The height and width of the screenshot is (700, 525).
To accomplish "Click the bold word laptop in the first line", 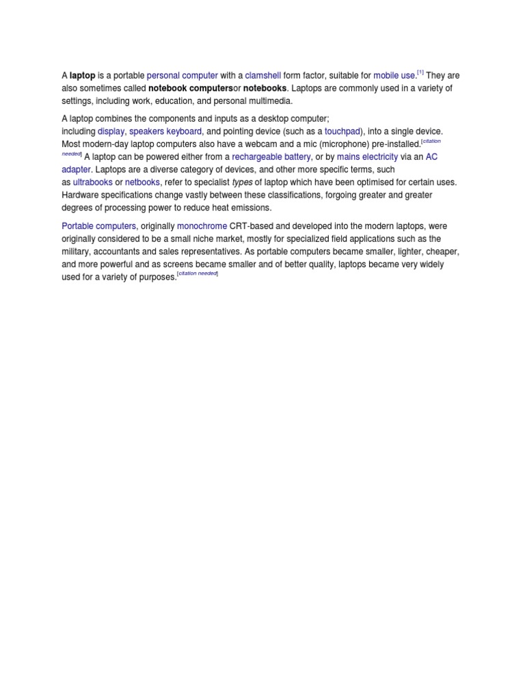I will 83,76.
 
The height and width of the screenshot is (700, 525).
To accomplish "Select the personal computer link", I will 183,76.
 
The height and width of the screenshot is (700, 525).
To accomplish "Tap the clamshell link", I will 263,76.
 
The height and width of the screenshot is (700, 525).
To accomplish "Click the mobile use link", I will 394,76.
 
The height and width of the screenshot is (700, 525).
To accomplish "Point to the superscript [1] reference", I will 421,72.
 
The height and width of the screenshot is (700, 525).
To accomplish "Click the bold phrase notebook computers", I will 191,88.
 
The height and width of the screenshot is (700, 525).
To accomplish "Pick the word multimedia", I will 266,101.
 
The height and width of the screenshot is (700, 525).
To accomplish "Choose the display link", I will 111,131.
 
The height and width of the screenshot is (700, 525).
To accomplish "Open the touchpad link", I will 342,131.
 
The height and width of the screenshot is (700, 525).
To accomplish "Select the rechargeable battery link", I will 271,157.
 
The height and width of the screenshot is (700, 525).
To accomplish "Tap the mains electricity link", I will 367,157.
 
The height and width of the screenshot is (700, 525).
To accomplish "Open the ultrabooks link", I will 93,183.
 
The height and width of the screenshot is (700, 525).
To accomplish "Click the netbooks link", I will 142,183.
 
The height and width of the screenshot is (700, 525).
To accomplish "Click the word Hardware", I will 81,196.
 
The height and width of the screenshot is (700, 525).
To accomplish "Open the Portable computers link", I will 99,226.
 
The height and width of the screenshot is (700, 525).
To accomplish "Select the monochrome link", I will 202,226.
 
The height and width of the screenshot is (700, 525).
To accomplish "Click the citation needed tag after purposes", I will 198,273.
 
